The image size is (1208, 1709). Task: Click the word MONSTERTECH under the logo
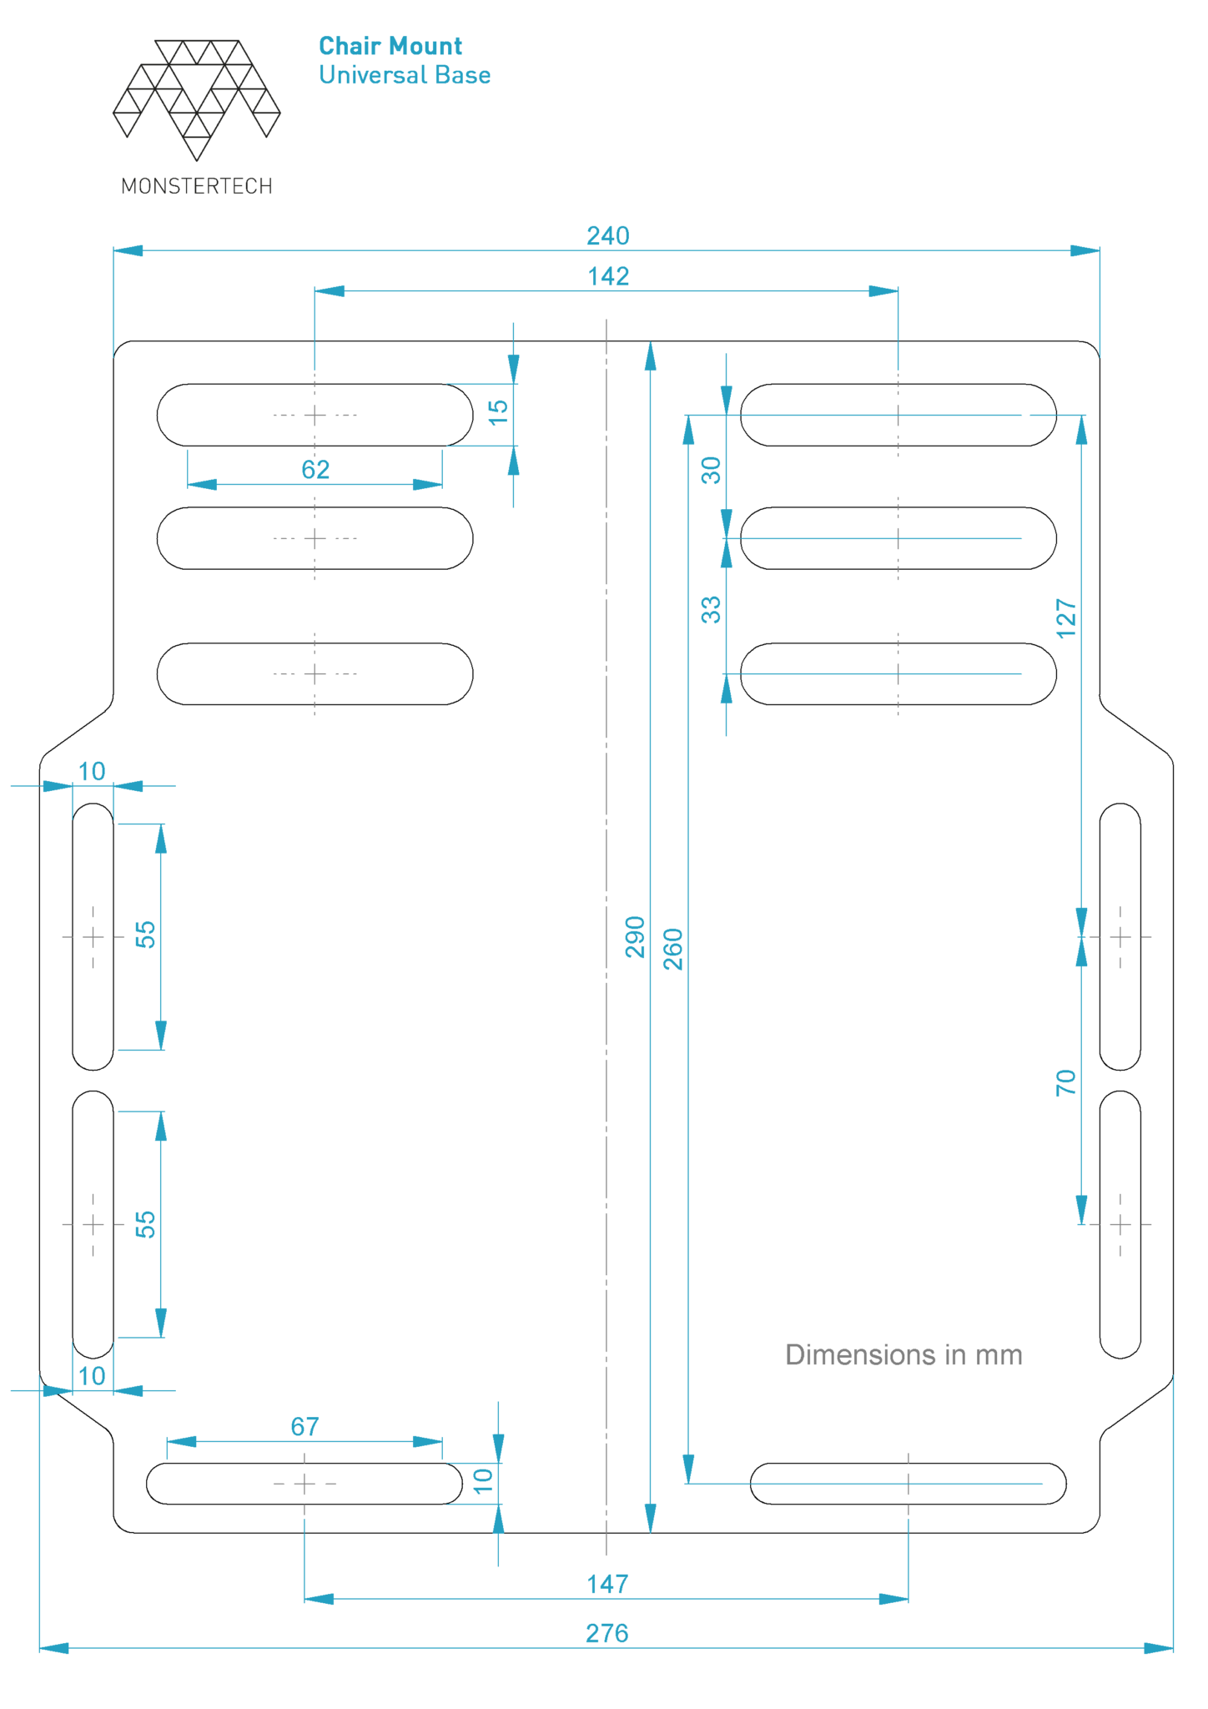tap(197, 186)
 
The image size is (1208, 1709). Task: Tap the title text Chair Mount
tap(390, 46)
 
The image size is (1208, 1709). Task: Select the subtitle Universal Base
tap(405, 75)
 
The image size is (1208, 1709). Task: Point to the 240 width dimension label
tap(607, 236)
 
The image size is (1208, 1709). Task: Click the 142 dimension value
tap(608, 276)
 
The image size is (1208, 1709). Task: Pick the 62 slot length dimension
tap(315, 470)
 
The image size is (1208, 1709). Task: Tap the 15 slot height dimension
tap(498, 411)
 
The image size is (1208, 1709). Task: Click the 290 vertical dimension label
tap(636, 937)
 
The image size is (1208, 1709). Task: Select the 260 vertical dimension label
tap(673, 949)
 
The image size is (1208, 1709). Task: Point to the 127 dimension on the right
tap(1067, 618)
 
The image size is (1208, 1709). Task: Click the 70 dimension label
tap(1066, 1083)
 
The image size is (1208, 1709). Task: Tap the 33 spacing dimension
tap(711, 610)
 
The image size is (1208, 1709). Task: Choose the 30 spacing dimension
tap(711, 471)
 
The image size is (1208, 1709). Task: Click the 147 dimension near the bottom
tap(607, 1584)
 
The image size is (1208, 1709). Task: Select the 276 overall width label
tap(607, 1633)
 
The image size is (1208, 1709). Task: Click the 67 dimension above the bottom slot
tap(305, 1427)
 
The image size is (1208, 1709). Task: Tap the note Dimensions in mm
tap(903, 1354)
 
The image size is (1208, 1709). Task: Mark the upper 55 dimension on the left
tap(146, 935)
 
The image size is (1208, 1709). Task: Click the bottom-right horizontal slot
tap(908, 1484)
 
